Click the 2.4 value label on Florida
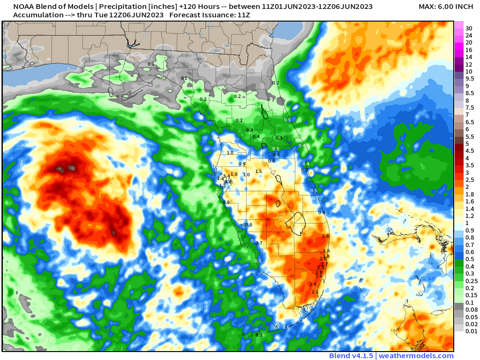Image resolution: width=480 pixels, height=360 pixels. [x=313, y=285]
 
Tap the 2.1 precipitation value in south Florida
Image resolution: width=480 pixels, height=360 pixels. [x=315, y=292]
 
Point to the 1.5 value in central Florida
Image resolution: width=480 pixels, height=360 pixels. [x=258, y=172]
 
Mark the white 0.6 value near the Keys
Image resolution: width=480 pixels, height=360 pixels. [x=286, y=327]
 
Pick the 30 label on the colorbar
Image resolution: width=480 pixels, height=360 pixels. [x=468, y=28]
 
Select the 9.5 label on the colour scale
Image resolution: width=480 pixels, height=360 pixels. [x=470, y=79]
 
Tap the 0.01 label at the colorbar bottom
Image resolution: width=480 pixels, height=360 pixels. [x=471, y=331]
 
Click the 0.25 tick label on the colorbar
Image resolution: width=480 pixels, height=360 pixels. [x=471, y=281]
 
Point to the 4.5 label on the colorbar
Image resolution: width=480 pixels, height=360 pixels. [x=470, y=151]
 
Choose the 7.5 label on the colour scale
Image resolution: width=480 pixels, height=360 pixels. [x=470, y=108]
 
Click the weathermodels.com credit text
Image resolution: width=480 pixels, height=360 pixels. [x=416, y=356]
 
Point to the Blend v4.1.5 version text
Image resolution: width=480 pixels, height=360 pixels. [x=351, y=356]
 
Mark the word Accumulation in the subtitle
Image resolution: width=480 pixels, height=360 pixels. [x=37, y=15]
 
